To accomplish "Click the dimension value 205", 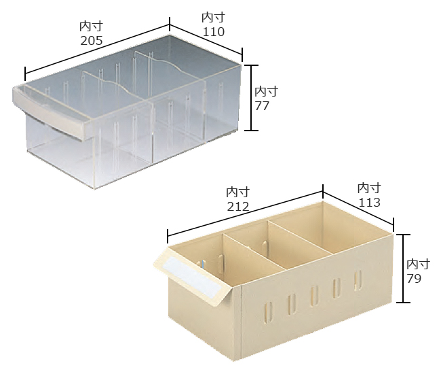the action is tap(92, 41).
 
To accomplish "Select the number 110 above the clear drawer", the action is tap(214, 32).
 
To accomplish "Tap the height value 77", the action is tap(262, 106).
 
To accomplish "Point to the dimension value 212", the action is tap(238, 207).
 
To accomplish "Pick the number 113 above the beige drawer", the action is tap(369, 203).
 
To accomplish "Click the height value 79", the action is tap(414, 278).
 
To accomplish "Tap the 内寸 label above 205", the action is tap(92, 27).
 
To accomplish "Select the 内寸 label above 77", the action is tap(267, 92).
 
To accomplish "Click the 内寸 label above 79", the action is tap(418, 264).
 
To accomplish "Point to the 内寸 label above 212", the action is tap(238, 192).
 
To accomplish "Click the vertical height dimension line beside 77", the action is tap(250, 98).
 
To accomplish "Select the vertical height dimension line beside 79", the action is tap(403, 269).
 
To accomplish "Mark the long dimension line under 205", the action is tap(97, 49).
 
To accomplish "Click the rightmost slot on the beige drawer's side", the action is tap(358, 280).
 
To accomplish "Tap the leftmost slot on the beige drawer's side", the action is tap(269, 311).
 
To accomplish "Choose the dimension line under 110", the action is tap(206, 40).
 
